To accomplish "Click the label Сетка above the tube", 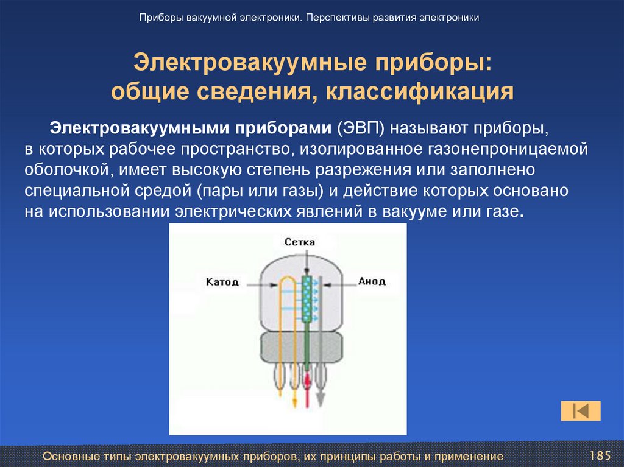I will click(300, 242).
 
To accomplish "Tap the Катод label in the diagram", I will click(222, 282).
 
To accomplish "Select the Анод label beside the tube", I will click(372, 281).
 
